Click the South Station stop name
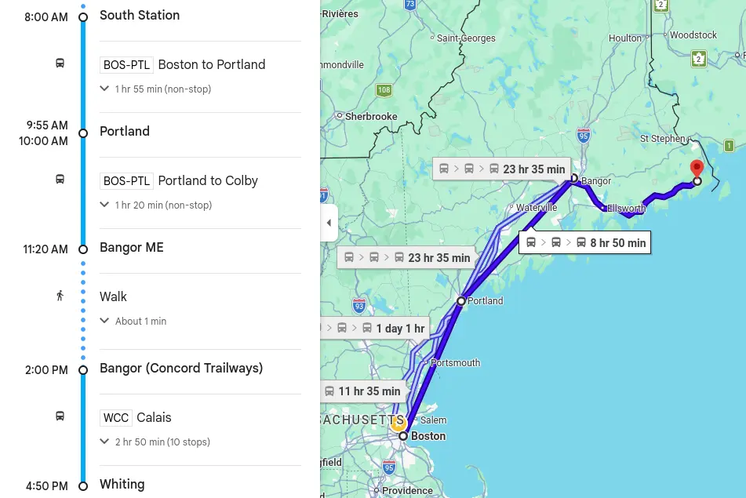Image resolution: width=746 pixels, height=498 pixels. [x=140, y=16]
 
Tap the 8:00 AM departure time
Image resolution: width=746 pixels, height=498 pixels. [x=46, y=17]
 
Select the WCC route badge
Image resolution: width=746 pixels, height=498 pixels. [x=116, y=418]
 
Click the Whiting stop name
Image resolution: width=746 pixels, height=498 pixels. [x=122, y=485]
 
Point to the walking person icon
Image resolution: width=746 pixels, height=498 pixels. [x=60, y=296]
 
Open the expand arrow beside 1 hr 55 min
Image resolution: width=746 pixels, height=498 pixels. [x=104, y=89]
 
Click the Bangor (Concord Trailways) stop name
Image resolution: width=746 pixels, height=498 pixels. [x=181, y=369]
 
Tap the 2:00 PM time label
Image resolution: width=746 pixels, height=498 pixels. [x=46, y=370]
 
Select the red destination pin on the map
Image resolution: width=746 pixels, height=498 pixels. [x=697, y=169]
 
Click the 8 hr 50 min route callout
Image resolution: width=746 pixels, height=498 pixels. [x=585, y=243]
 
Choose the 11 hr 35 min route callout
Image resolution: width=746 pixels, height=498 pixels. [x=362, y=391]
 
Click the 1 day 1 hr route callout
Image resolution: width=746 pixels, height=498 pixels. [x=375, y=329]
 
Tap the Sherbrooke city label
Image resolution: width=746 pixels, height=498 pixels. [x=371, y=117]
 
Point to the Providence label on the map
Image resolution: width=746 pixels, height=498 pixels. [x=407, y=491]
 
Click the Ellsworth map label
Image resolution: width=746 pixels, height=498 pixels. [x=626, y=209]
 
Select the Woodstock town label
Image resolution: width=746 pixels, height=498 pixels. [x=693, y=35]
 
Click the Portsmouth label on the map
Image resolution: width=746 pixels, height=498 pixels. [x=455, y=363]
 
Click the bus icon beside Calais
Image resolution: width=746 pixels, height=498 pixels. [x=60, y=416]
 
